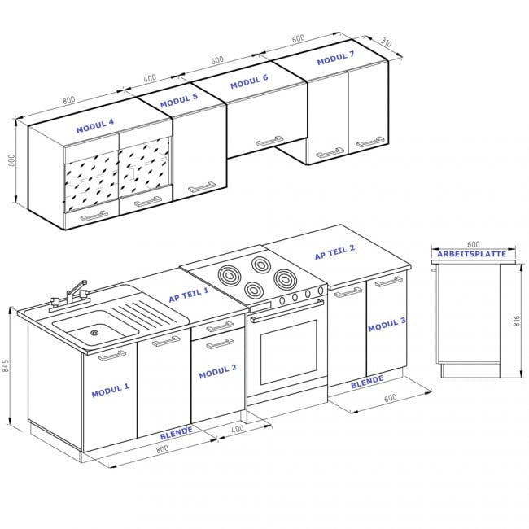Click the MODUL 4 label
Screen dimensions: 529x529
[95, 126]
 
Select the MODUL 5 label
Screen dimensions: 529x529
[179, 101]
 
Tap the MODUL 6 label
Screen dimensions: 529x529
[249, 81]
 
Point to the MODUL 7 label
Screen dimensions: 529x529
[335, 58]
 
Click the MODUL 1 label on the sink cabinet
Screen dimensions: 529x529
[111, 390]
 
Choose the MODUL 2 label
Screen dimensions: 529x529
[217, 371]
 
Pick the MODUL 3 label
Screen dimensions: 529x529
[387, 324]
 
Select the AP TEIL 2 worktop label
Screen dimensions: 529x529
[334, 252]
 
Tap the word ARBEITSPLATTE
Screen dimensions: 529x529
[472, 254]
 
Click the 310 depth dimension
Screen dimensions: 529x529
[387, 42]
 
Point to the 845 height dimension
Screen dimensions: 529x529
[6, 365]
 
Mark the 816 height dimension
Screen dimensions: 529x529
[517, 320]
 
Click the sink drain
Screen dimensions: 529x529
[94, 333]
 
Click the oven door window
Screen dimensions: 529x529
[288, 352]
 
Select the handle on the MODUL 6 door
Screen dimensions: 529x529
[269, 141]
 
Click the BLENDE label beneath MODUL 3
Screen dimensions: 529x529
[367, 382]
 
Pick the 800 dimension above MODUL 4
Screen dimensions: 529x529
[68, 100]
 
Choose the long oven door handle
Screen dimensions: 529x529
[286, 310]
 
